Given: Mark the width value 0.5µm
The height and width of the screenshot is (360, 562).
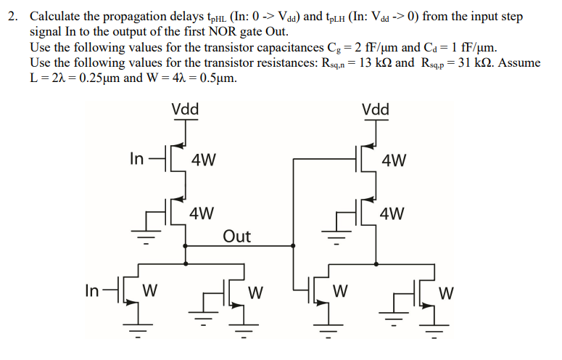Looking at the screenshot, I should coord(215,78).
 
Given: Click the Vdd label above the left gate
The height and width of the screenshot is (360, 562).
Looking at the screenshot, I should coord(186,110).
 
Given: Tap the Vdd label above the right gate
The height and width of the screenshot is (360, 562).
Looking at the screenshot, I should coord(376,110).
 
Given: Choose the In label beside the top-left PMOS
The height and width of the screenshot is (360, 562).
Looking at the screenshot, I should coord(136,159).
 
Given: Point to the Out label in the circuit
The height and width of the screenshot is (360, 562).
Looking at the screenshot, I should coord(236,236).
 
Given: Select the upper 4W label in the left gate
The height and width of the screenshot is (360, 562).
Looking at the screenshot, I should coord(203,160).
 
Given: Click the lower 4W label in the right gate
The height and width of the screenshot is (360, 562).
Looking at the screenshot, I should coord(392,213).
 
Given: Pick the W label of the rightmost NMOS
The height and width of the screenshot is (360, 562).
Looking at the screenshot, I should coord(447,293).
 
